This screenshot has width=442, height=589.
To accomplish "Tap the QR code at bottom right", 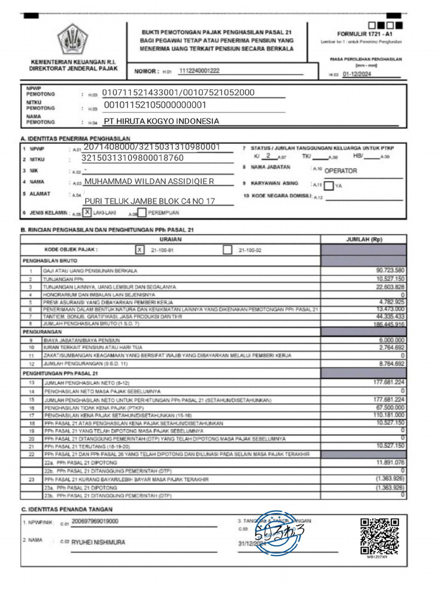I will tap(379, 536).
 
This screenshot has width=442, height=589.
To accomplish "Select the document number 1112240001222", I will tap(199, 71).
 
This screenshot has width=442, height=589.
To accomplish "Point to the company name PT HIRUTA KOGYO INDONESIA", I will tap(161, 121).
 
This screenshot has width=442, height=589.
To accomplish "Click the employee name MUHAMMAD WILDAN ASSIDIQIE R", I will tap(149, 182).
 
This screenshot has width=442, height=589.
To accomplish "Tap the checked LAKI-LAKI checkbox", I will tap(87, 212).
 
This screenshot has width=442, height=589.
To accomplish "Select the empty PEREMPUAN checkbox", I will tap(142, 213).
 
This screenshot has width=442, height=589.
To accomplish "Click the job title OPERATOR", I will tap(341, 171).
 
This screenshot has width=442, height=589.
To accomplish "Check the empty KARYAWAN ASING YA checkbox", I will tap(328, 185).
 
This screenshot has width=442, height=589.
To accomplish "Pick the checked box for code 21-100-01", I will tap(139, 250).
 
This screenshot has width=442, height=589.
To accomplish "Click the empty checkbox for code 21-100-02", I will tap(227, 250).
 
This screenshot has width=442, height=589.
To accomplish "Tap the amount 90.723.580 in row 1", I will tap(390, 270).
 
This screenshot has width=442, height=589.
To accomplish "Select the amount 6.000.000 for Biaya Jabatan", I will tap(391, 340).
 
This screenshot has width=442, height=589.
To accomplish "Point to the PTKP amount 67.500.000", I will tap(390, 407).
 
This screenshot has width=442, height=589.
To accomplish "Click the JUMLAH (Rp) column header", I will tap(364, 239).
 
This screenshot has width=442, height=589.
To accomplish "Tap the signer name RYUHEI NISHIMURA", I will tap(98, 542).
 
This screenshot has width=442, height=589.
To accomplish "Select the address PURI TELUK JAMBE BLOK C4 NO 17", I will tap(150, 201).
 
